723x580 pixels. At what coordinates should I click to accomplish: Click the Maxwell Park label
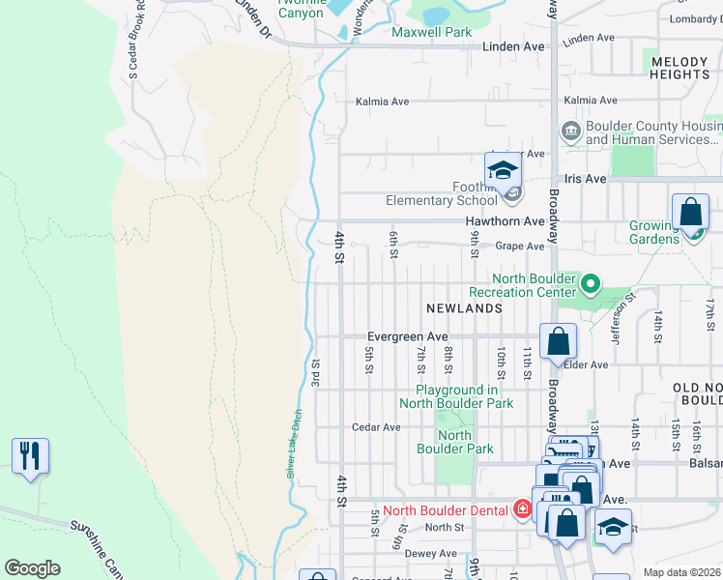click(x=431, y=32)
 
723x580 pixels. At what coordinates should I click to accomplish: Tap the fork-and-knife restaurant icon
click(x=31, y=456)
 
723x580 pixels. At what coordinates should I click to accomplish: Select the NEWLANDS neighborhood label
click(x=465, y=307)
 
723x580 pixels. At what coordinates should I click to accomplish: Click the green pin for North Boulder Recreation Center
click(x=589, y=285)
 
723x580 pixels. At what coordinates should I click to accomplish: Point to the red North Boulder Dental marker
click(x=522, y=509)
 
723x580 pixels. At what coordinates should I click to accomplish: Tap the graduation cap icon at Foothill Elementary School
click(x=503, y=172)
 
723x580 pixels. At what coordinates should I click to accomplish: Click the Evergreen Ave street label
click(x=408, y=336)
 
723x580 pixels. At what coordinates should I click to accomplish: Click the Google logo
click(x=32, y=568)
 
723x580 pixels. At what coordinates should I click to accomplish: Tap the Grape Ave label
click(x=520, y=246)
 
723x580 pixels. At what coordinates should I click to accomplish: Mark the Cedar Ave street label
click(x=376, y=426)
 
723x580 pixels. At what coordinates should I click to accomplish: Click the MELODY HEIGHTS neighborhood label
click(x=680, y=68)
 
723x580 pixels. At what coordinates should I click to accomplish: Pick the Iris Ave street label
click(x=584, y=179)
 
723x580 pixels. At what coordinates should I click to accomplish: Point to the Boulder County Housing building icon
click(x=570, y=130)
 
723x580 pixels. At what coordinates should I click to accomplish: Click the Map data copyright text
click(x=682, y=572)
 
